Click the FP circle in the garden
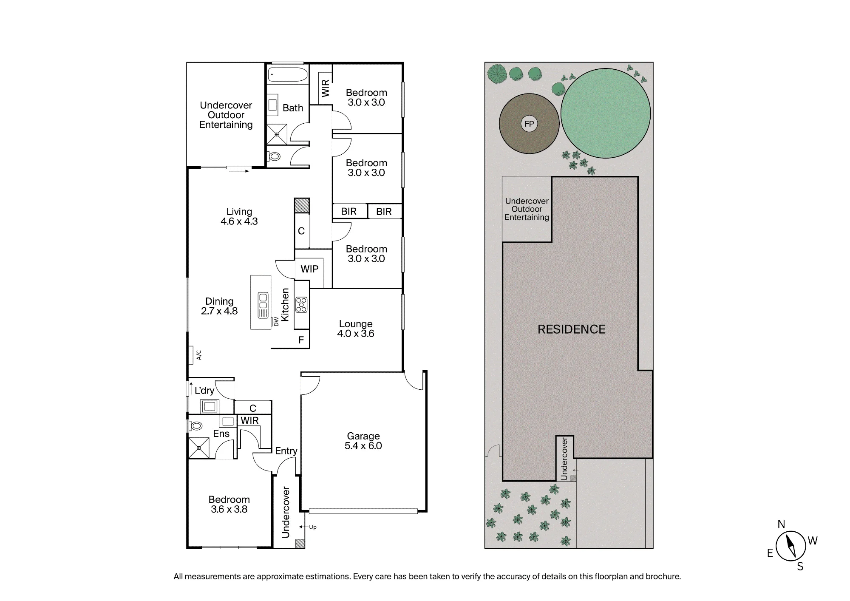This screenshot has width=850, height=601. [529, 124]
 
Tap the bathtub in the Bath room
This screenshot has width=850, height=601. [288, 75]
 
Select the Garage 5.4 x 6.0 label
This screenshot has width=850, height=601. [363, 441]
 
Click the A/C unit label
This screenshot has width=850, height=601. [198, 355]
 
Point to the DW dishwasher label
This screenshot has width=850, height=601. [276, 321]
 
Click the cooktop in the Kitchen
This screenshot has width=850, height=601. [301, 304]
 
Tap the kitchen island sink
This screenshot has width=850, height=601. [263, 305]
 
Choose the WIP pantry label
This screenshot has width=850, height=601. [309, 269]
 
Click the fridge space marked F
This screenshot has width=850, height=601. [301, 340]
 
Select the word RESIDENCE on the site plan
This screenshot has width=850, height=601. [572, 329]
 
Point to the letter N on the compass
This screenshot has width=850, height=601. [781, 524]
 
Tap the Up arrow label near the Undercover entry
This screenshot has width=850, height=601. [313, 527]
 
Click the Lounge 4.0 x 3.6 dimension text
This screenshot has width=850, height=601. [356, 334]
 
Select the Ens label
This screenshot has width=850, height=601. [221, 434]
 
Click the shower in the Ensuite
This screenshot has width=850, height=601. [199, 448]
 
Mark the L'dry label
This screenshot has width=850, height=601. [204, 391]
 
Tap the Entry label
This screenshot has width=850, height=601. [286, 451]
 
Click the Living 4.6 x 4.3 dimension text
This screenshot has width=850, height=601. [239, 221]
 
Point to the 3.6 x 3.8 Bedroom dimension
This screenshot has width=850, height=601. [229, 509]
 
